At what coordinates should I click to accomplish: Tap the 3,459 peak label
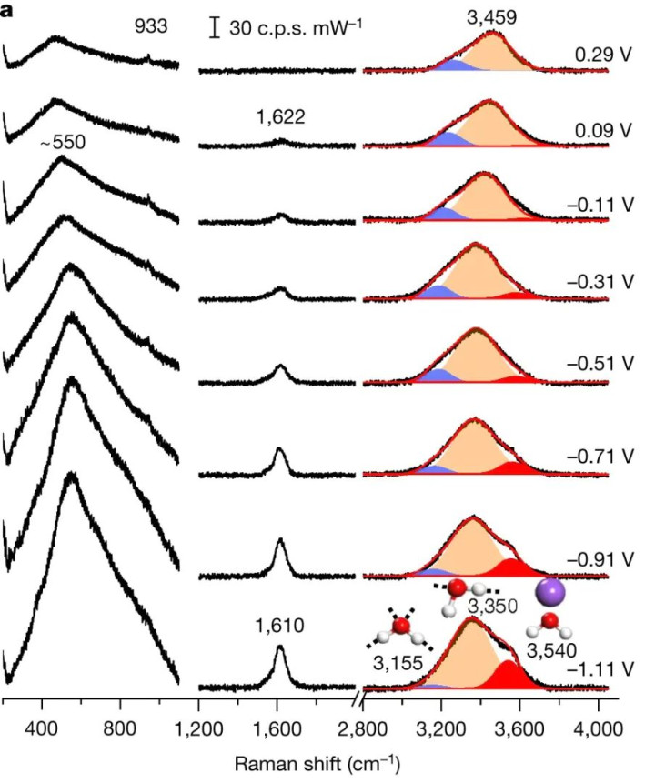point(492,15)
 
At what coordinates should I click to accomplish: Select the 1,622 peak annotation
point(281,117)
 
